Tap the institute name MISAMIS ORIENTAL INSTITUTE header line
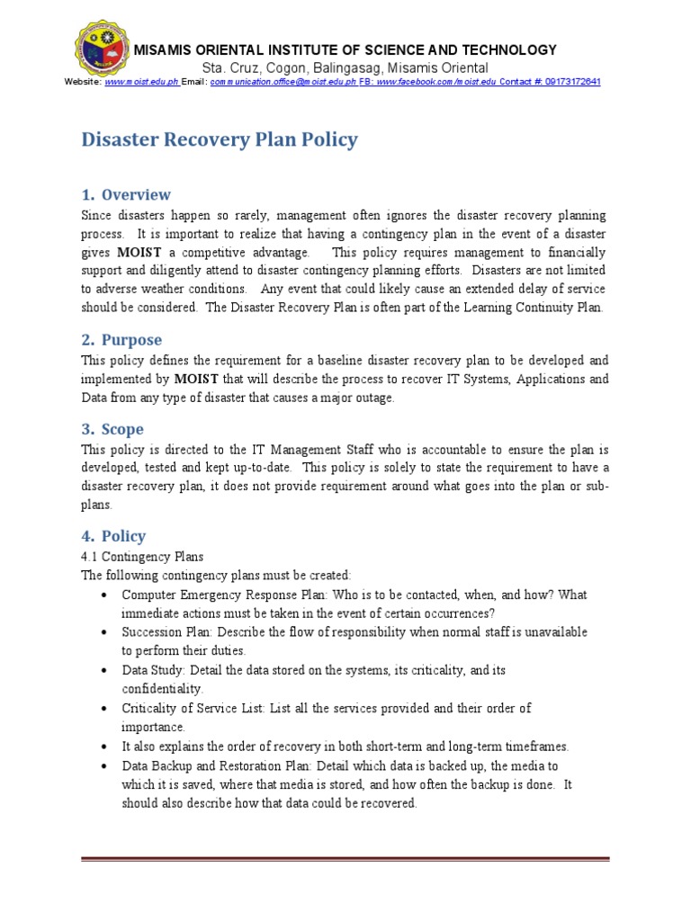click(345, 50)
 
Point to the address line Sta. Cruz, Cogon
click(345, 67)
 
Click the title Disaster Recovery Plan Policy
click(220, 139)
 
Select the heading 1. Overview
click(126, 194)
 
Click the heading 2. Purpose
click(121, 340)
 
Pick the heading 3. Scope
click(112, 429)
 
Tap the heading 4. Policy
click(113, 536)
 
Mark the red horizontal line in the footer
click(345, 859)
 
